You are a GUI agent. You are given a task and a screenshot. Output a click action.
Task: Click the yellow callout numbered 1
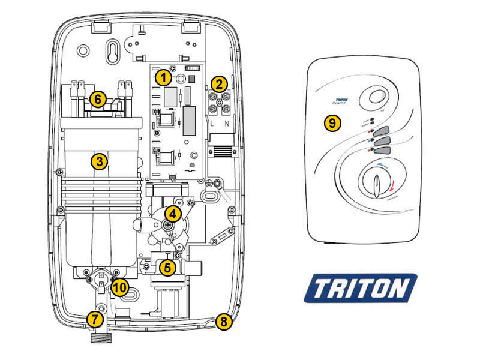(161, 77)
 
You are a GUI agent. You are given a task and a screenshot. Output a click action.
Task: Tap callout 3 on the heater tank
(99, 161)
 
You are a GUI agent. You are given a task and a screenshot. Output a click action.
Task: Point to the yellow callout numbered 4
(172, 213)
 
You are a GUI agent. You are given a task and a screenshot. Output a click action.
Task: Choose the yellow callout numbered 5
(167, 268)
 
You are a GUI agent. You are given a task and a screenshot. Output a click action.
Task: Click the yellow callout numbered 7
(94, 319)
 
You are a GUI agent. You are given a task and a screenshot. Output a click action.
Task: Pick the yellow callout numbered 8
(224, 322)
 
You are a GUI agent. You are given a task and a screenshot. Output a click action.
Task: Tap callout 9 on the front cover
(332, 123)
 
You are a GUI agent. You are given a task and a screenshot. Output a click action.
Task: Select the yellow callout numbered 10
(119, 287)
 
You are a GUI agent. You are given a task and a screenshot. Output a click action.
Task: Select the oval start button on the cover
(377, 98)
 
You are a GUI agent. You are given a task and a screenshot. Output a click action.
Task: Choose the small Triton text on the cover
(341, 102)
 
